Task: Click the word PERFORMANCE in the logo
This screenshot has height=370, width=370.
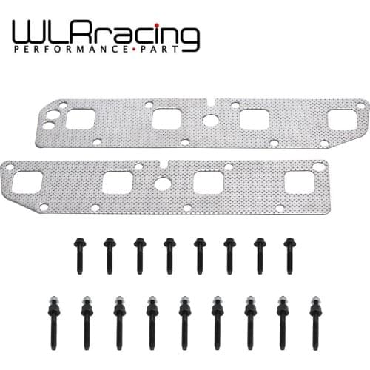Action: [70, 49]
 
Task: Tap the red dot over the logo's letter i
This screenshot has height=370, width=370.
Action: [157, 25]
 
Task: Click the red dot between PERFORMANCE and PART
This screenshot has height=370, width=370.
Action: [132, 50]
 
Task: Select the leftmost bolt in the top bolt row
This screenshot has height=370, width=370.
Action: [80, 256]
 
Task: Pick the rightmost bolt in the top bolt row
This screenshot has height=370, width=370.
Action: [290, 256]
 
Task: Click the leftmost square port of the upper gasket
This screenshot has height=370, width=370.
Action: [81, 119]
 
